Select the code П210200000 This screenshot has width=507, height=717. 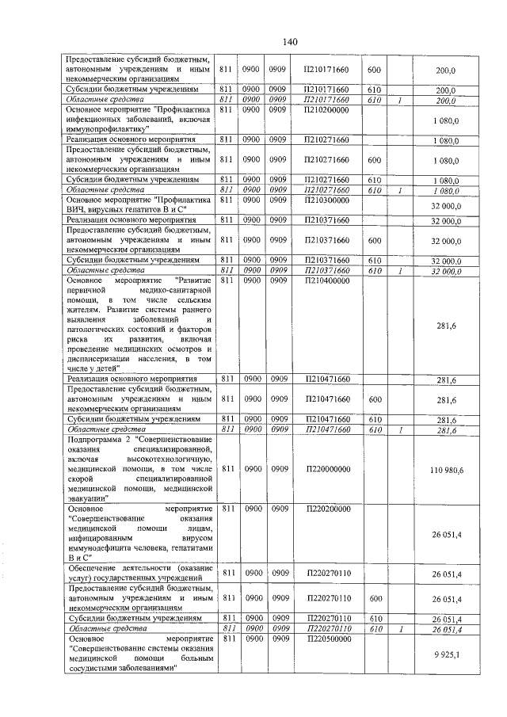pyautogui.click(x=327, y=109)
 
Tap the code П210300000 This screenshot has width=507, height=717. pyautogui.click(x=327, y=201)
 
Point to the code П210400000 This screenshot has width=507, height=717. pyautogui.click(x=327, y=280)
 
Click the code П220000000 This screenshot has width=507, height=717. pyautogui.click(x=327, y=469)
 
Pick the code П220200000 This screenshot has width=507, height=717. pyautogui.click(x=327, y=509)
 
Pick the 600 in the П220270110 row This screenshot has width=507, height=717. pyautogui.click(x=375, y=599)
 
